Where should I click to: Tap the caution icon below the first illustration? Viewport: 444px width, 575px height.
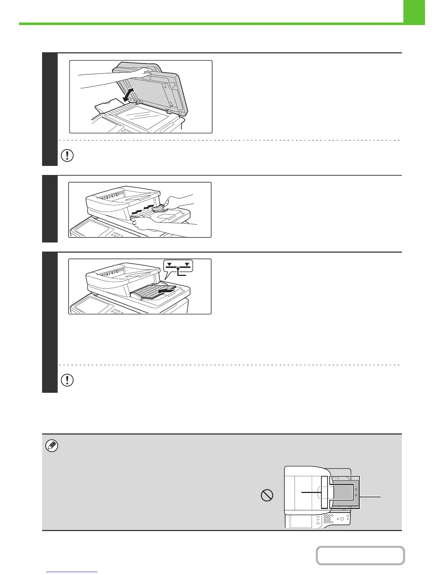tap(67, 156)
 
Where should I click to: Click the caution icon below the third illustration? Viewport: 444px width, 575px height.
tap(67, 380)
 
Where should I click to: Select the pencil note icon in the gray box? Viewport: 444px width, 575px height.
tap(52, 445)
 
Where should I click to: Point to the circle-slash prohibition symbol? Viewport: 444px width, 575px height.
tap(267, 496)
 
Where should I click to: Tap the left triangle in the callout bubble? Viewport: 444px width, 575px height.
tap(169, 264)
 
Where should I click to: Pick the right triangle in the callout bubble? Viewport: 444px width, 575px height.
tap(187, 264)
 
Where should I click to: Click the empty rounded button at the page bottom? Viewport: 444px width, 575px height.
tap(360, 556)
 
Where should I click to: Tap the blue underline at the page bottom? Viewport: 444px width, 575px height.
tap(72, 572)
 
